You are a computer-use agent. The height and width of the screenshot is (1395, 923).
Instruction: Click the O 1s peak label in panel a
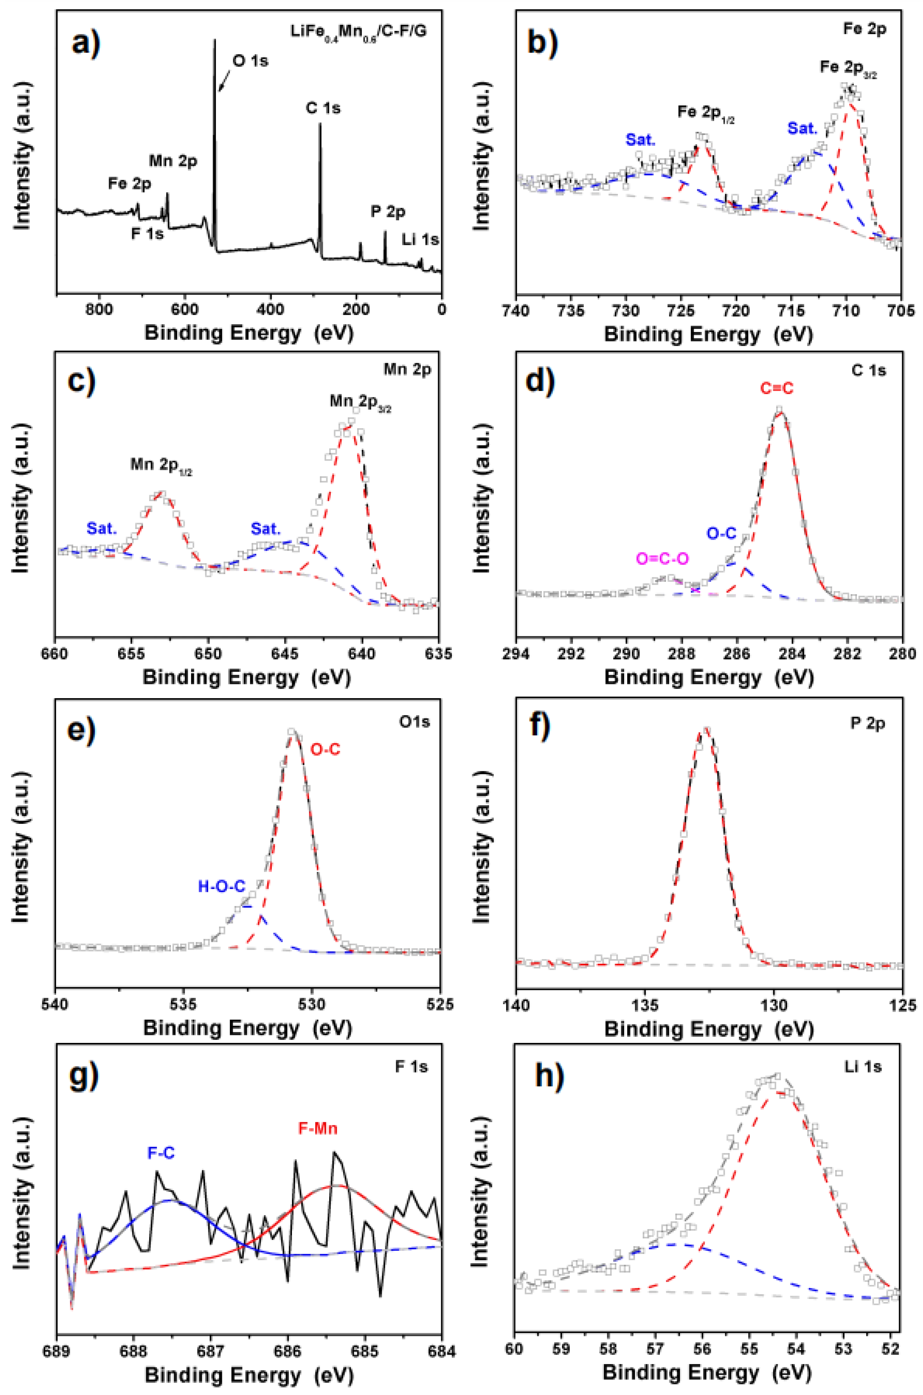pos(251,60)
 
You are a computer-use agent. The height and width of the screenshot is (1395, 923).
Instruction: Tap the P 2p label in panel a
pos(388,211)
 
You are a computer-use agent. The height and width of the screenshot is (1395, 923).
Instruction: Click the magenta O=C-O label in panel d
pos(662,559)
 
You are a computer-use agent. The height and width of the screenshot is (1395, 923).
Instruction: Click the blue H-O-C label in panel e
pos(221,887)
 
